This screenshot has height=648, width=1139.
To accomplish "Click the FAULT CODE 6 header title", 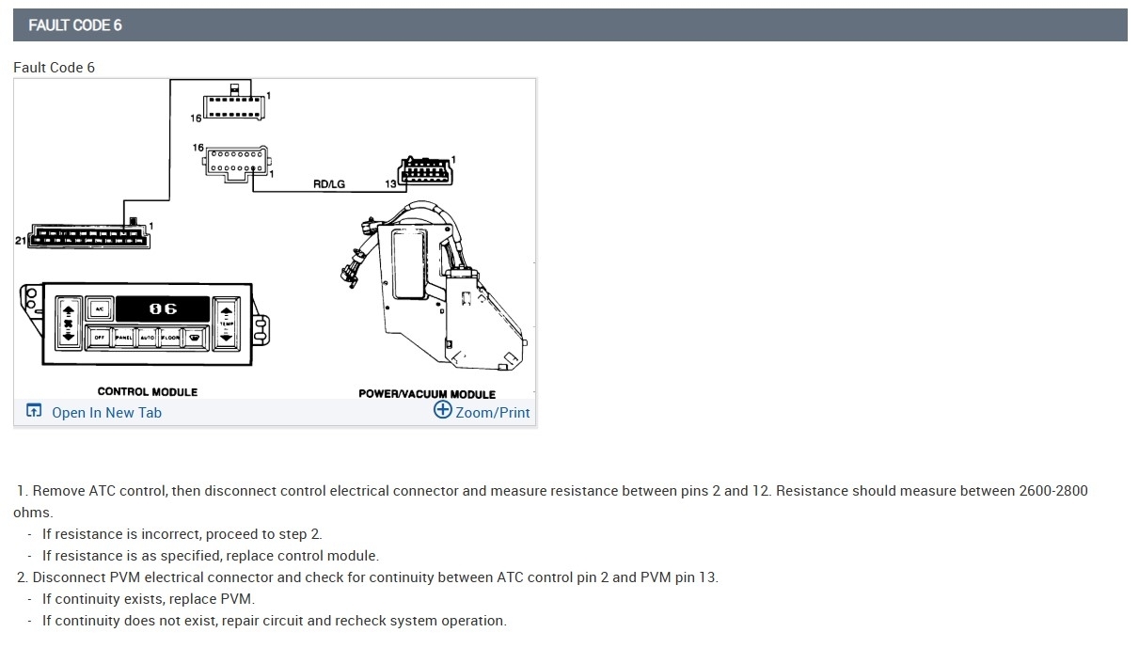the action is click(x=75, y=25).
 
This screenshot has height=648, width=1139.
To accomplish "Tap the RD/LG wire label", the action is click(x=329, y=183).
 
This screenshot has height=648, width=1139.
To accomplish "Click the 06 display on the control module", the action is click(x=162, y=308).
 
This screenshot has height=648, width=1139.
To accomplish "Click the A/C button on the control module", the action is click(x=99, y=308).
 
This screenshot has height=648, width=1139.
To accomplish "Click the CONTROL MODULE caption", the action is click(x=148, y=391).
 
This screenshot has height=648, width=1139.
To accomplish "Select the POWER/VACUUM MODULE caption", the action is click(x=427, y=394).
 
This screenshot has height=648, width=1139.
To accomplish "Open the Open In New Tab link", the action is click(x=106, y=413).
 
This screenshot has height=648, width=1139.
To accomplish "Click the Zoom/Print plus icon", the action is click(x=442, y=410).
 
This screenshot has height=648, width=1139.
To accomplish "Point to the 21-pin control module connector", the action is click(x=89, y=235).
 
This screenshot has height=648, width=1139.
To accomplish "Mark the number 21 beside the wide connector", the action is click(x=20, y=241).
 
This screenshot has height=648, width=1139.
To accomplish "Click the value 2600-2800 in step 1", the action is click(x=1052, y=491).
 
